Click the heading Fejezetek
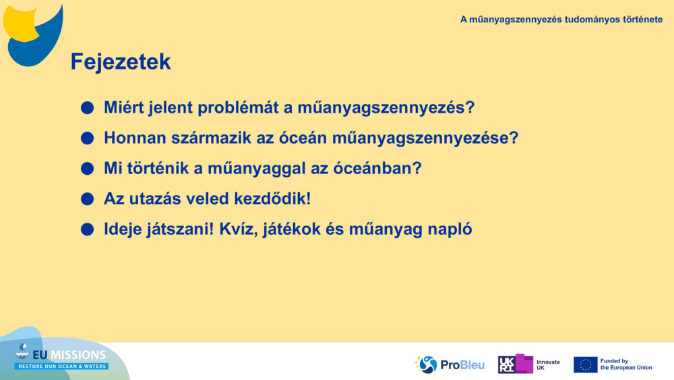pyautogui.click(x=121, y=62)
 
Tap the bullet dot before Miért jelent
pyautogui.click(x=87, y=108)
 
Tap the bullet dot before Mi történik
pyautogui.click(x=87, y=169)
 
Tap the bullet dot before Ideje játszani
pyautogui.click(x=87, y=229)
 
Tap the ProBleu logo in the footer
pyautogui.click(x=450, y=364)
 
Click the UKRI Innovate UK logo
pyautogui.click(x=529, y=364)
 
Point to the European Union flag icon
pyautogui.click(x=585, y=364)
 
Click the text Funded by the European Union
pyautogui.click(x=625, y=364)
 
